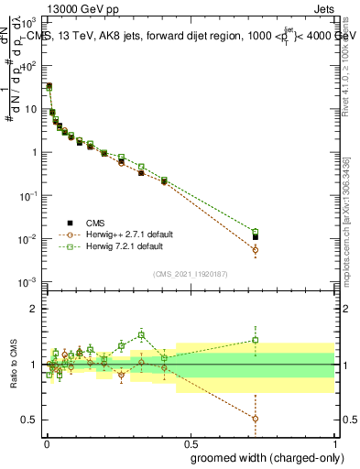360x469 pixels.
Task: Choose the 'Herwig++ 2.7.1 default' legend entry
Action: click(x=118, y=234)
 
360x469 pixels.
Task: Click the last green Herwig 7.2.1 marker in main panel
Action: click(x=256, y=232)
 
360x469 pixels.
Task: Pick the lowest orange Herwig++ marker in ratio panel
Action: click(x=256, y=419)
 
